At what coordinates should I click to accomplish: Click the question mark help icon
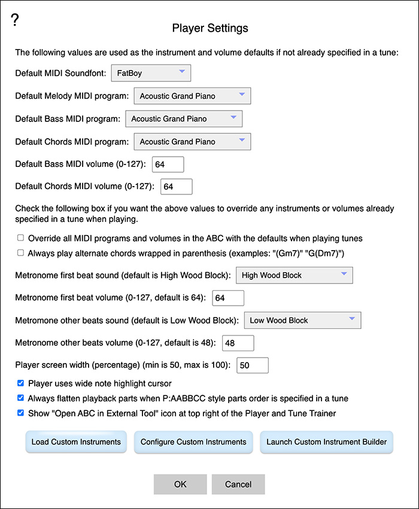tap(16, 20)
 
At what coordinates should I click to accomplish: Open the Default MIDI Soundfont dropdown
tap(151, 73)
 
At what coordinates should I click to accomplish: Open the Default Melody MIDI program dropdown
tap(192, 96)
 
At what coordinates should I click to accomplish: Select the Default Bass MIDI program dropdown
tap(184, 118)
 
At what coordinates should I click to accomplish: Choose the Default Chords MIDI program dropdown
tap(192, 142)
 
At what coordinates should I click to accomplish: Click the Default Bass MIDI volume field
tap(168, 164)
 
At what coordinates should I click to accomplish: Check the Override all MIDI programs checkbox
tap(21, 237)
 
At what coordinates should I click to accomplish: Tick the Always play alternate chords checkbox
tap(21, 252)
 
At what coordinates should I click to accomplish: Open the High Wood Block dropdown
tap(294, 275)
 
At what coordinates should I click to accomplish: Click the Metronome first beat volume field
tap(228, 298)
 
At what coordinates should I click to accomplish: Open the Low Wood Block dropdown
tap(302, 320)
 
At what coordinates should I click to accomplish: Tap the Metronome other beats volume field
tap(238, 343)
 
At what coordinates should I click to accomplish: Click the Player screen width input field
tap(253, 365)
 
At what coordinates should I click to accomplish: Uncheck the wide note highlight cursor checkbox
tap(21, 383)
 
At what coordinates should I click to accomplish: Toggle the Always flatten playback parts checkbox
tap(21, 398)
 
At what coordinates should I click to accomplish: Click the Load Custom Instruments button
tap(76, 442)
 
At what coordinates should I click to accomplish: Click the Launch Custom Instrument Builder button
tap(326, 442)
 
